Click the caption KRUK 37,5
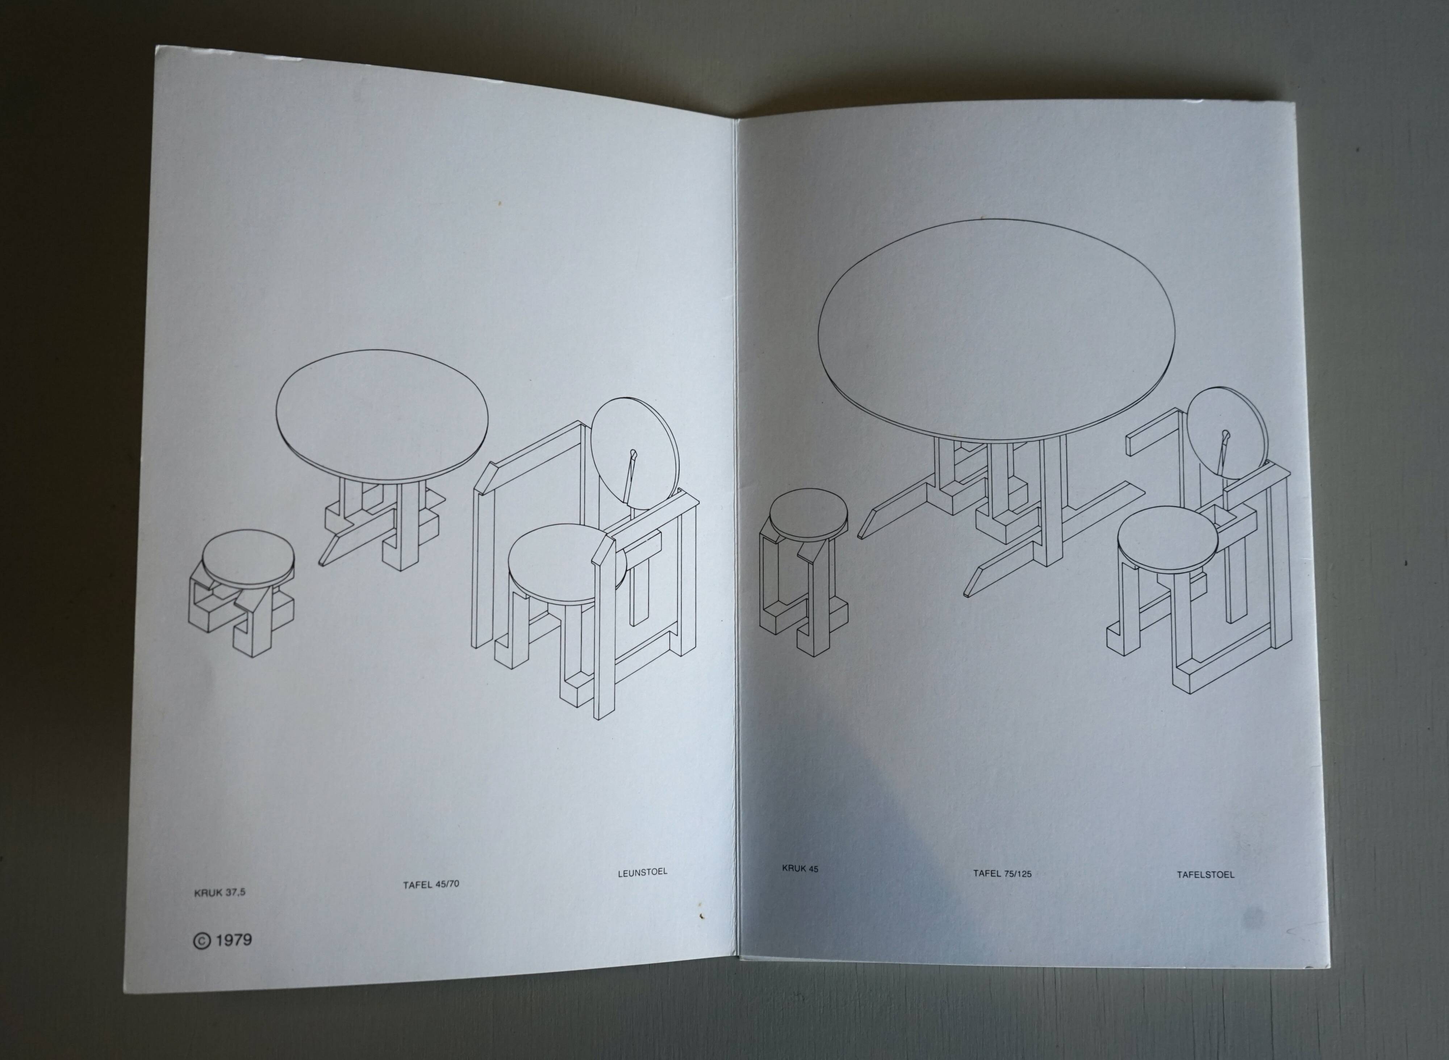[x=220, y=892]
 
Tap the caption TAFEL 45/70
[x=431, y=884]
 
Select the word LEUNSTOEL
[x=642, y=872]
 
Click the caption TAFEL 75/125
[x=1002, y=873]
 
